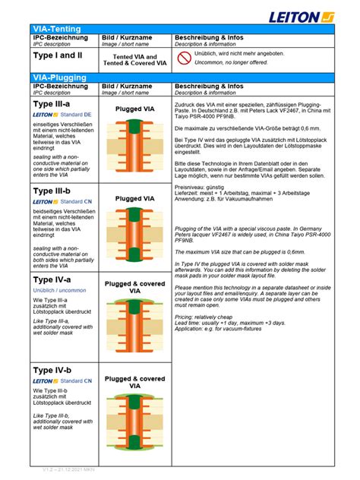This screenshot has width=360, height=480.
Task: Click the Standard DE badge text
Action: coord(76,114)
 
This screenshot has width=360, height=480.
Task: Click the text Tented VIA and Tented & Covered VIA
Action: coord(134,60)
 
